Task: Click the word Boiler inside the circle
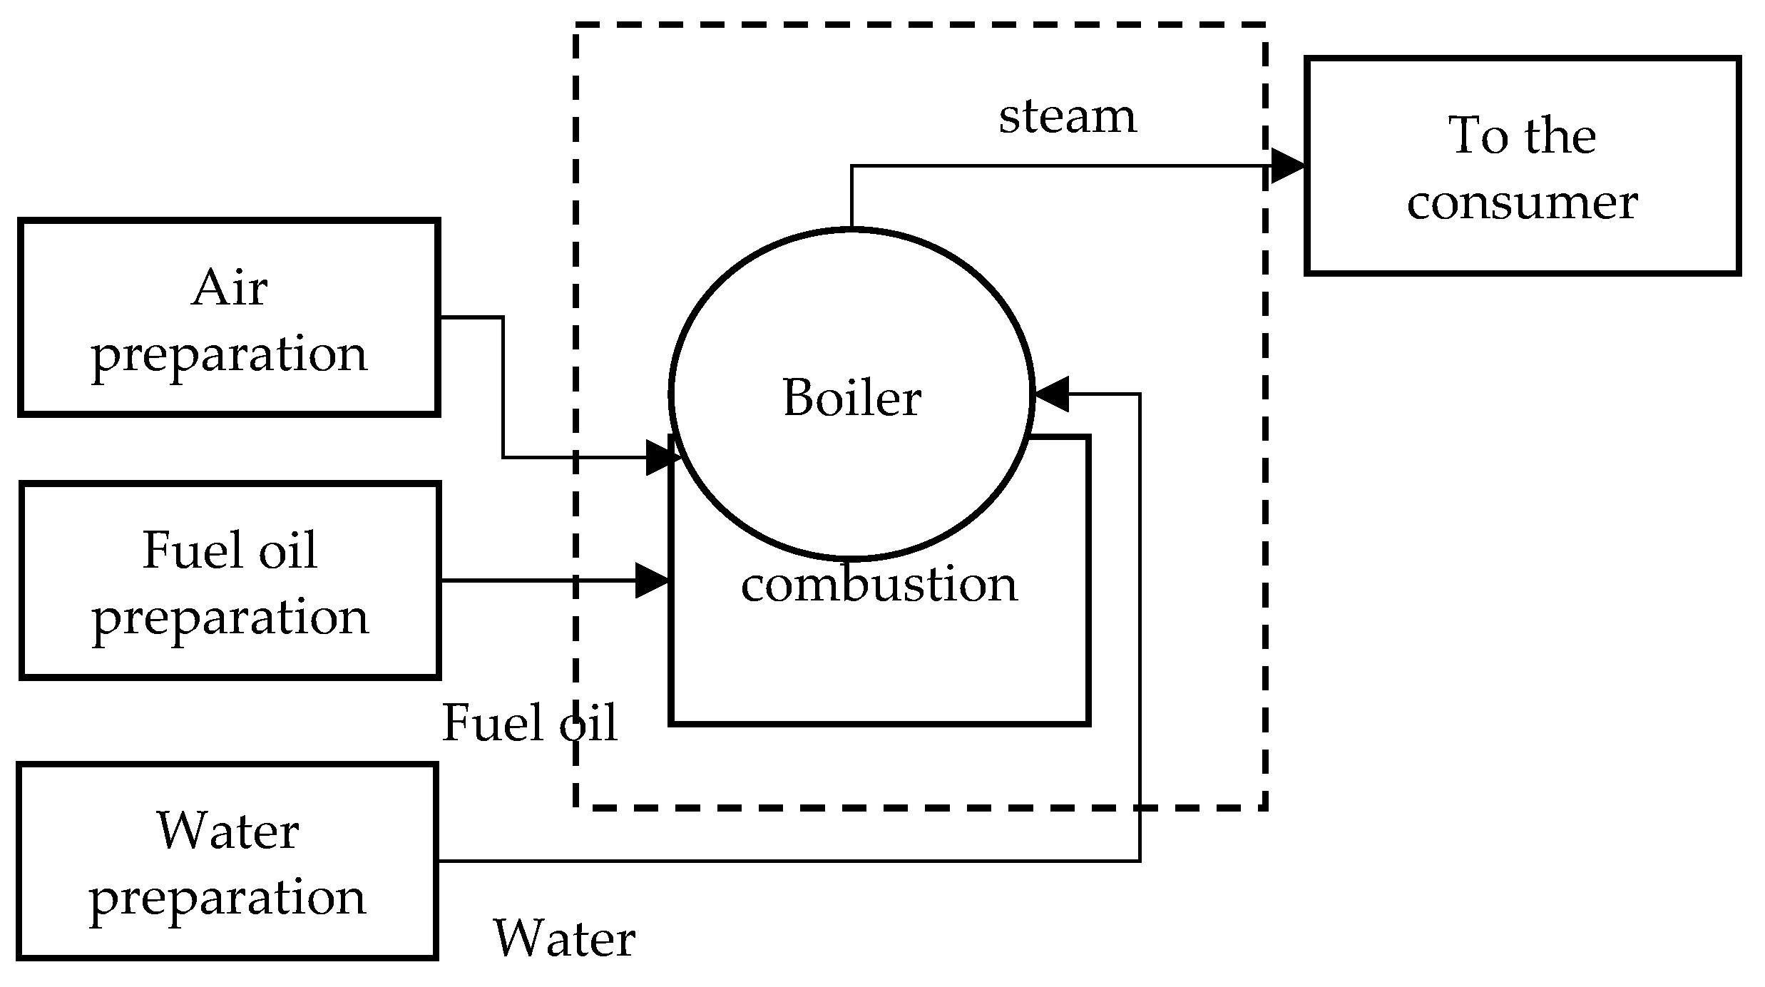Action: (x=851, y=398)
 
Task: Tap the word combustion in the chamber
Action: (x=879, y=585)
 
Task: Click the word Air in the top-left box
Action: (x=230, y=288)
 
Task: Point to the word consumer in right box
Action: (x=1522, y=203)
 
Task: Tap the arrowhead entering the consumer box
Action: (x=1288, y=166)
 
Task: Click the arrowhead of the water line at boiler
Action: (x=1052, y=394)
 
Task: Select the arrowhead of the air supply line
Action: (x=662, y=457)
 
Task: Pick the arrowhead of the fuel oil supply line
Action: (x=652, y=581)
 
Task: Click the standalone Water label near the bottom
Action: (x=563, y=939)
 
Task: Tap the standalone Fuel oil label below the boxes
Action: (x=529, y=723)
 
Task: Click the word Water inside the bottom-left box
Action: (x=228, y=832)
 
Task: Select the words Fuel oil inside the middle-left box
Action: (x=230, y=551)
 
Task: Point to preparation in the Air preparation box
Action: (x=230, y=354)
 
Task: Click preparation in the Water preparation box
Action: (x=228, y=898)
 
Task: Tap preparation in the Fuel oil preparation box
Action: (x=230, y=618)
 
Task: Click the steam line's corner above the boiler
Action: (x=851, y=167)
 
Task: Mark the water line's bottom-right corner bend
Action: (x=1140, y=861)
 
